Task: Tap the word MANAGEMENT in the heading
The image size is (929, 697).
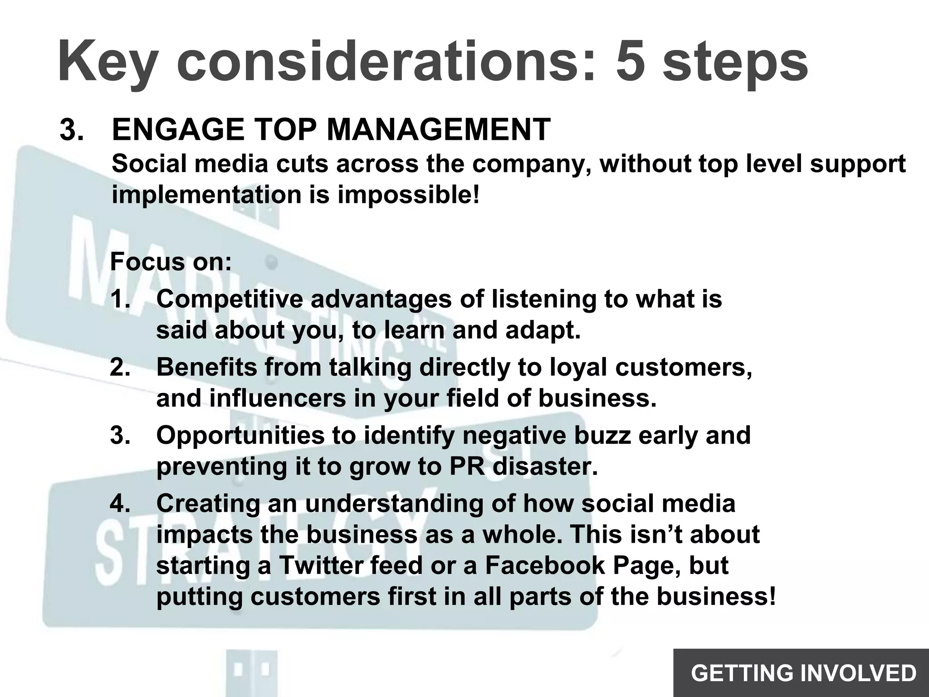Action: tap(438, 130)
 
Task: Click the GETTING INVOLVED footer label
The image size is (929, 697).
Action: tap(803, 673)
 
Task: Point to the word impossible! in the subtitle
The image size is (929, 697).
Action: tap(408, 195)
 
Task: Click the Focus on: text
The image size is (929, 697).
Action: tap(171, 262)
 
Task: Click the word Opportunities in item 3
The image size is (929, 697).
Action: tap(240, 435)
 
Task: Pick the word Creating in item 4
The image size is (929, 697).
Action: tap(208, 504)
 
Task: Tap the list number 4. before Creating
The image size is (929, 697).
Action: tap(120, 504)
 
